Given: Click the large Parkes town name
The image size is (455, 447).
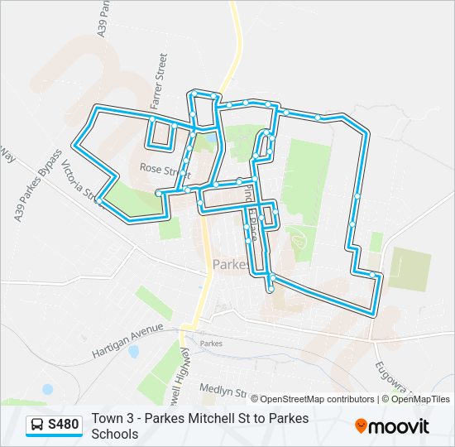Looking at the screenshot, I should (230, 265).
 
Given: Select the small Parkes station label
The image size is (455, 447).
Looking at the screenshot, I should (212, 343).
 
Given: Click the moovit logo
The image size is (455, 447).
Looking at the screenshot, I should (392, 426).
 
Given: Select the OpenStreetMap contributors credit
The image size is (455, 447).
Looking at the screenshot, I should (312, 399).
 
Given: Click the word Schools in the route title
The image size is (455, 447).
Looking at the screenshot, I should (115, 434).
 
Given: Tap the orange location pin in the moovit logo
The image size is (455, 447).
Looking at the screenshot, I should (361, 426).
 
